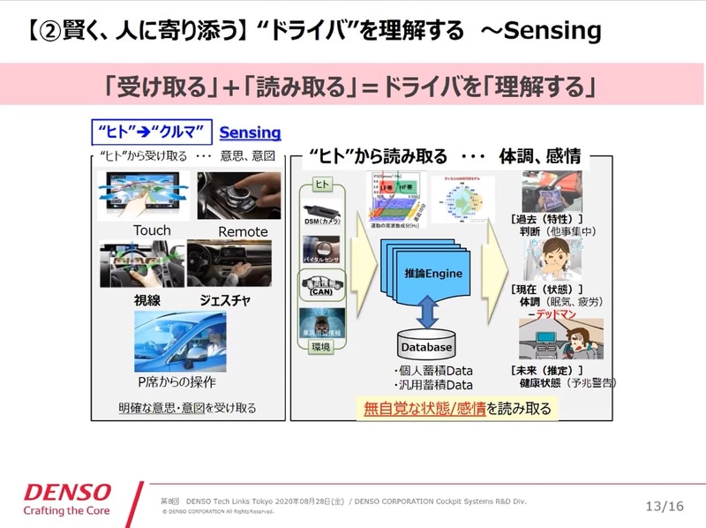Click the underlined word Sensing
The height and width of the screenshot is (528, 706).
click(x=250, y=133)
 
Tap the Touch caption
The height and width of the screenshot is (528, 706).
click(x=152, y=231)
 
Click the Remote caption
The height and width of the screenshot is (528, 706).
click(x=243, y=231)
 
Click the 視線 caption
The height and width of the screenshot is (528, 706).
click(x=147, y=300)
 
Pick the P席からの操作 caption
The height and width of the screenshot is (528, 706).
click(x=177, y=383)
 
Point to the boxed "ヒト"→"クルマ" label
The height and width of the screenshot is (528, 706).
click(x=151, y=133)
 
